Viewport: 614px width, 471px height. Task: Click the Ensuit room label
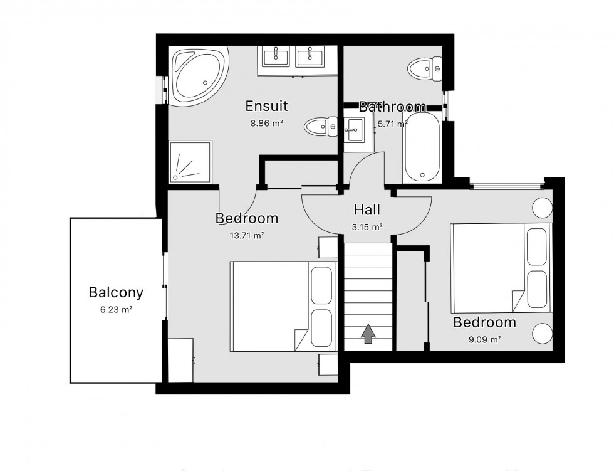click(266, 105)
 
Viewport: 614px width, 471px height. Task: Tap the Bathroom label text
click(392, 107)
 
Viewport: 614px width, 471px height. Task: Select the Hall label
click(367, 209)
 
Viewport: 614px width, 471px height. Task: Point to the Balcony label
click(116, 292)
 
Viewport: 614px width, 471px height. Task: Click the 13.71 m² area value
click(247, 236)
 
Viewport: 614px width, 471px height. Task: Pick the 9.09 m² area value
click(485, 340)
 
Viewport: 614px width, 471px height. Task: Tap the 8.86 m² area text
click(266, 123)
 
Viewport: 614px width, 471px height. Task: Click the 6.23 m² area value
click(116, 309)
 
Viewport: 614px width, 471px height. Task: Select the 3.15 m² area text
click(367, 226)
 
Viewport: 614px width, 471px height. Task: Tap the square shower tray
click(190, 161)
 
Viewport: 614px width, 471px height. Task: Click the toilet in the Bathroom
click(424, 68)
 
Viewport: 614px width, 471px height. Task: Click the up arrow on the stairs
click(368, 334)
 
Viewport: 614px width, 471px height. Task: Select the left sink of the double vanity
click(276, 57)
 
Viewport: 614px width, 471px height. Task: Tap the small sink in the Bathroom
click(353, 132)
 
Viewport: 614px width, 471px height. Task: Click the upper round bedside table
click(541, 207)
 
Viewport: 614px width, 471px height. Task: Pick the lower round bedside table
click(541, 332)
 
